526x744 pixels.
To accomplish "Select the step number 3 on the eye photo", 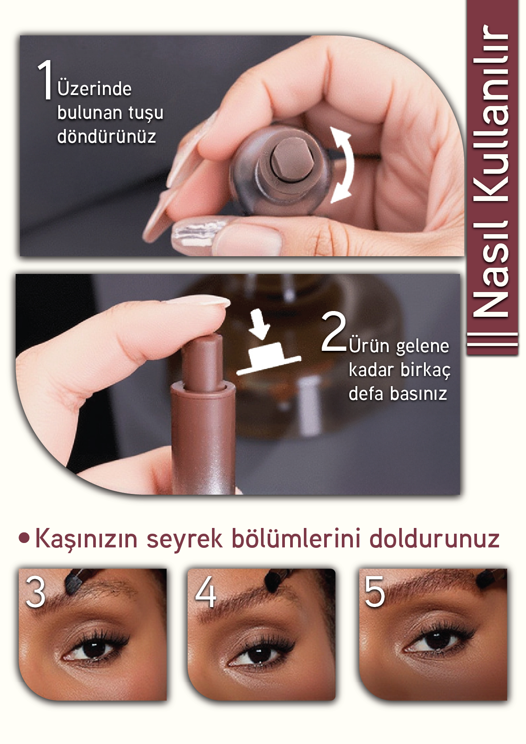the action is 35,592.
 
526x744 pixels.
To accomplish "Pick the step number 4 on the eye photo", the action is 205,592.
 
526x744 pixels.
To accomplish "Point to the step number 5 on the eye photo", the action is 375,592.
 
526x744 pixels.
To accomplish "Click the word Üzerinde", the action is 95,89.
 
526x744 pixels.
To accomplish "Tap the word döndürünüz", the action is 106,136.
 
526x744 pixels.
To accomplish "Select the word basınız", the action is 418,394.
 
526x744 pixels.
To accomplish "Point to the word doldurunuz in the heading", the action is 434,538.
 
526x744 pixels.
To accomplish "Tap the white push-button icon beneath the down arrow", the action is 269,358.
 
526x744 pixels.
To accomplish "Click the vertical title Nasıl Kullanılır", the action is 491,171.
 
